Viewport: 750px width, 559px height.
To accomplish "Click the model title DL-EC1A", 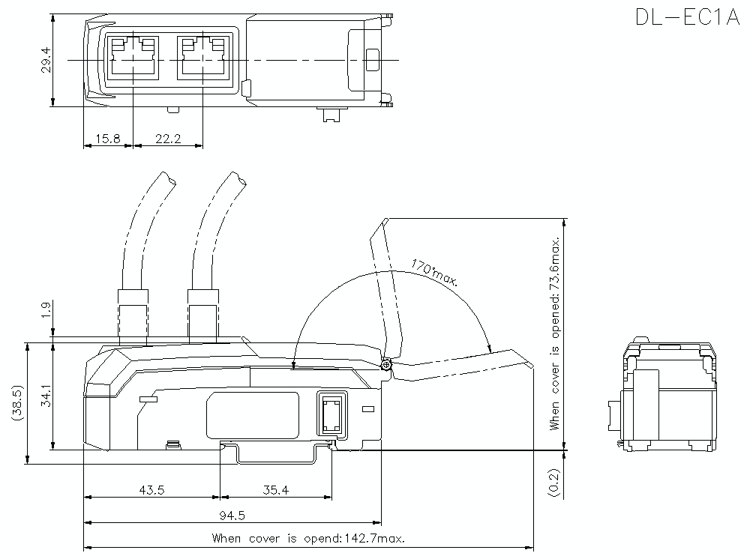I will point(687,17).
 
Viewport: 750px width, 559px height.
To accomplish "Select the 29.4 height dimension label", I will point(46,60).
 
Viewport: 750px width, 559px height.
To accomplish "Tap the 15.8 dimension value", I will point(106,139).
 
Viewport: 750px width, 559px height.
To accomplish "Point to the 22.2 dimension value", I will point(167,139).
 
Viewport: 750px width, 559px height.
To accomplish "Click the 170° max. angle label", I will point(434,273).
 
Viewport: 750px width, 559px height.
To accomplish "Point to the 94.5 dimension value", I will point(232,515).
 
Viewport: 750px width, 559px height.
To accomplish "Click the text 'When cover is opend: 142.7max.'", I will point(308,538).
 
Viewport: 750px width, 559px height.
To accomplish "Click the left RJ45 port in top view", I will point(133,57).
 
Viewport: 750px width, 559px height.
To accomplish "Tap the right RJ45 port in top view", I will point(202,57).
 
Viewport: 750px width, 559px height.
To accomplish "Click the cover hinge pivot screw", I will point(385,365).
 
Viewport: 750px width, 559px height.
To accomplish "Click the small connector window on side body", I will point(331,413).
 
